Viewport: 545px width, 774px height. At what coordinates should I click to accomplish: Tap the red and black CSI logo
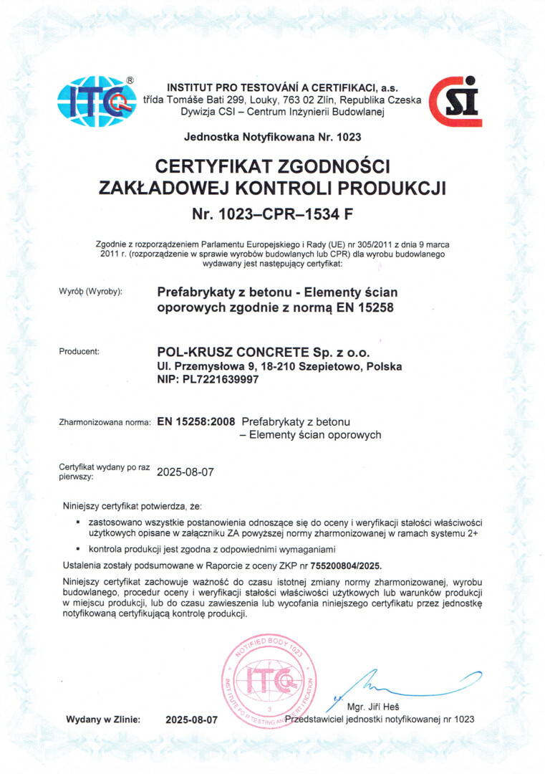[x=455, y=101]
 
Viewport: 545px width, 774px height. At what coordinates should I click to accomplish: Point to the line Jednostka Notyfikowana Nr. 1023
[x=272, y=136]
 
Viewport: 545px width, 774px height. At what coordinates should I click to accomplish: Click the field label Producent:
[x=79, y=351]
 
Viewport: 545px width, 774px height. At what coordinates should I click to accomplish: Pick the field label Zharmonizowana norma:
[x=105, y=422]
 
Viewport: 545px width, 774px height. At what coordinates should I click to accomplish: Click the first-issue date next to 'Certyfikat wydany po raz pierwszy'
[x=185, y=472]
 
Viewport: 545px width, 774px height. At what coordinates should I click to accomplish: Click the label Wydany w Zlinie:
[x=103, y=719]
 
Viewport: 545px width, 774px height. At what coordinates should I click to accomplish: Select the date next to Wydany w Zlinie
[x=190, y=719]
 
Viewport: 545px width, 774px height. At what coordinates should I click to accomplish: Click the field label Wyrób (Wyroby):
[x=91, y=292]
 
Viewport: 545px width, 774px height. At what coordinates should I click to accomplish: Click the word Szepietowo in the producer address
[x=336, y=366]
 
